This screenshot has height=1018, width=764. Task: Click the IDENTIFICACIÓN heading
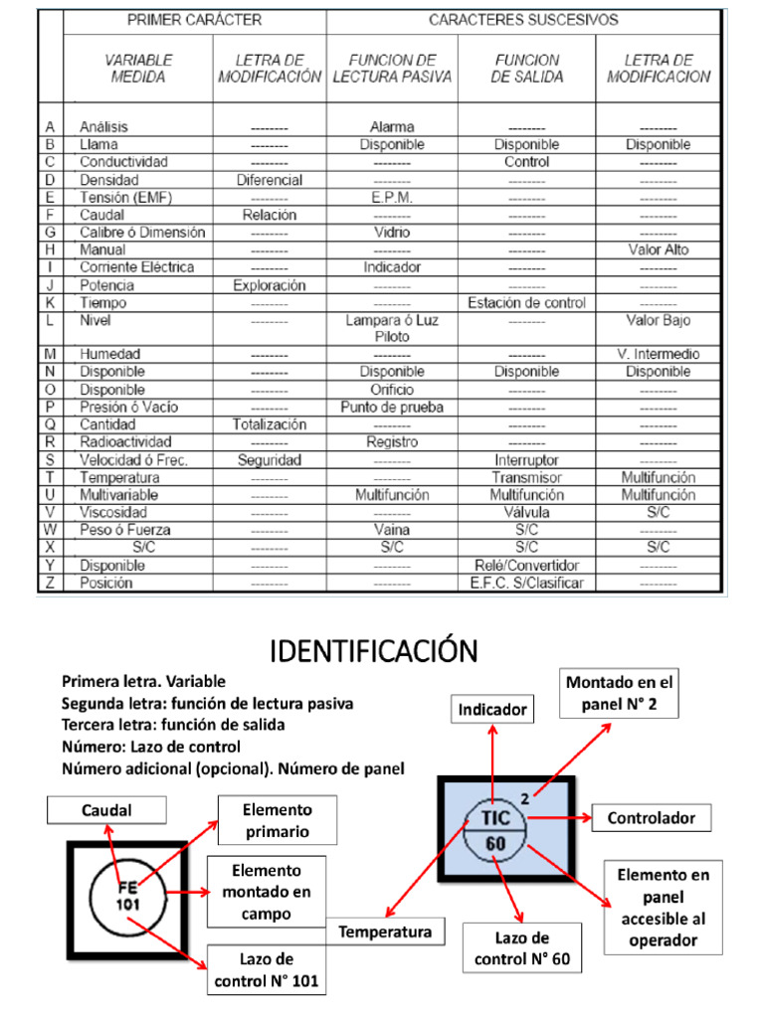(x=374, y=652)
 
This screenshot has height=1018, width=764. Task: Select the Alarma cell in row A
(x=392, y=127)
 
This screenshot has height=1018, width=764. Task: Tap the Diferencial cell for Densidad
(x=270, y=180)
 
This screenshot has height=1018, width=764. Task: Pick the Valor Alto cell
(x=658, y=250)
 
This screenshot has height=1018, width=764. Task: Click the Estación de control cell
(x=526, y=302)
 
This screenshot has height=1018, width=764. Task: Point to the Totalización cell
(x=270, y=424)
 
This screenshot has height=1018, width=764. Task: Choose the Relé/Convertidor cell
(x=526, y=565)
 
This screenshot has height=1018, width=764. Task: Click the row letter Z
(x=50, y=583)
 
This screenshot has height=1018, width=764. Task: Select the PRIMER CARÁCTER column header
(x=194, y=20)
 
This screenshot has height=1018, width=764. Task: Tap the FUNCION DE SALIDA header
(x=526, y=68)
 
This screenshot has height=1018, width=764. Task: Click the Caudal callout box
(x=106, y=811)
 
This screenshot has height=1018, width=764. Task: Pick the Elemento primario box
(x=279, y=821)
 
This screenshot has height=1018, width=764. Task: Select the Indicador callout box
(x=491, y=709)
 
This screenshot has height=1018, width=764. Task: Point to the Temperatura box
(x=385, y=932)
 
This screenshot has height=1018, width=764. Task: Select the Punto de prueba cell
(x=392, y=407)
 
